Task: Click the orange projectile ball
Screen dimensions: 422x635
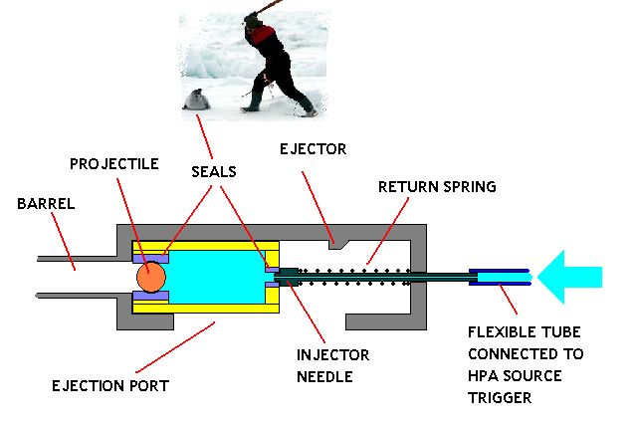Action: [x=150, y=276]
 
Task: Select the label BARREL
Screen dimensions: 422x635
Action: [x=46, y=202]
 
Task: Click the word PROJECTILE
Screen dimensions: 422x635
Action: [x=114, y=163]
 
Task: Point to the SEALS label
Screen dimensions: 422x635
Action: [x=214, y=171]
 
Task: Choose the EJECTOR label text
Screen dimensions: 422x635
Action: [x=313, y=149]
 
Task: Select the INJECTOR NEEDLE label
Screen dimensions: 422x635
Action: [x=332, y=365]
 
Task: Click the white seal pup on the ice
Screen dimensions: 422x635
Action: [x=197, y=99]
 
